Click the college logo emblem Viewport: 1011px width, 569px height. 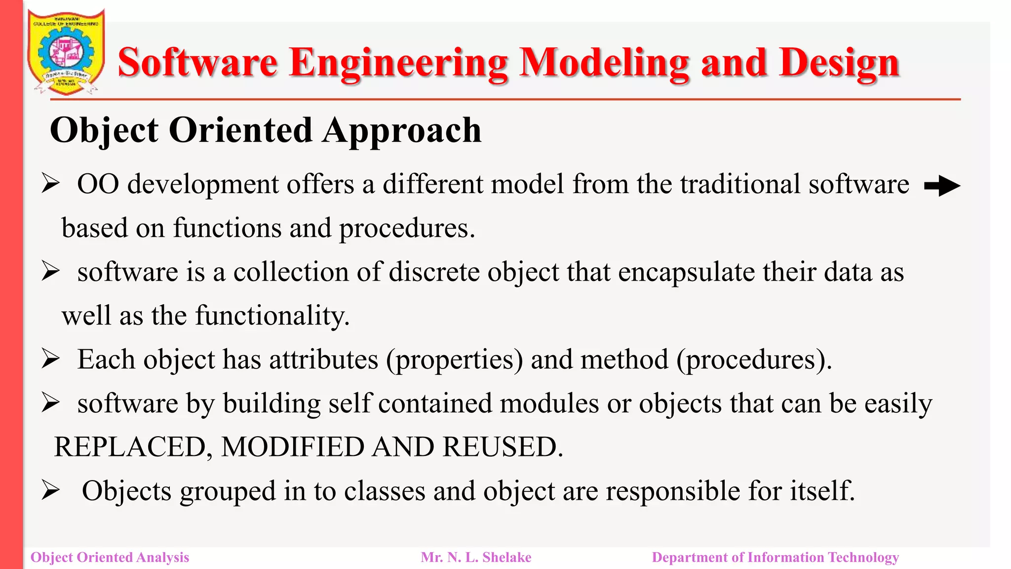[x=66, y=52]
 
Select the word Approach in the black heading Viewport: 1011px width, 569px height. [x=402, y=130]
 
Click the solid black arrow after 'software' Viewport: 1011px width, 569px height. [x=942, y=186]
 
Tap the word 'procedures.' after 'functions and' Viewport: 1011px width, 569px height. [x=407, y=229]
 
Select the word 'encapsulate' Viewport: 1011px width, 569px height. [x=686, y=272]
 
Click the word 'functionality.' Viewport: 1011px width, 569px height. [x=272, y=316]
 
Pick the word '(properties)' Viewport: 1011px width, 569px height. [x=454, y=360]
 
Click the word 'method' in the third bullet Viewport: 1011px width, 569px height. [x=624, y=360]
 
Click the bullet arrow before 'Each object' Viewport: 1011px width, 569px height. [x=50, y=359]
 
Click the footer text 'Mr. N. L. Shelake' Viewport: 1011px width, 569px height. [x=476, y=557]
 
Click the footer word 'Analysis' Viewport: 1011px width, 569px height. [x=162, y=557]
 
